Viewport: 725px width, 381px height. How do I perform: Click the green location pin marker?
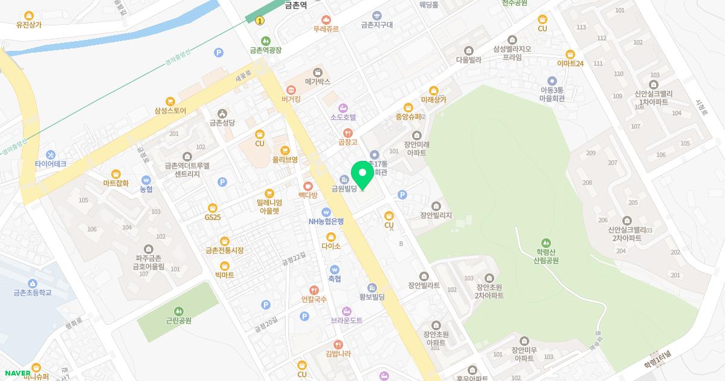point(362,175)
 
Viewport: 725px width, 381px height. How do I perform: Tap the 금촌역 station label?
point(295,4)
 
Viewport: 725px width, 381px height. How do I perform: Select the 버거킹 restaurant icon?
point(291,89)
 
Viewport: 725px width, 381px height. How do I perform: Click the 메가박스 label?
point(317,80)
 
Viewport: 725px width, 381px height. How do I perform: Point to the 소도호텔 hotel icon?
point(343,108)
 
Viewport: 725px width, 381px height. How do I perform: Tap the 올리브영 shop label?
point(285,160)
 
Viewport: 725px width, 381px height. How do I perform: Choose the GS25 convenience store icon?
point(213,207)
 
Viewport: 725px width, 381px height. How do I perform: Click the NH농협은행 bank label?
point(326,221)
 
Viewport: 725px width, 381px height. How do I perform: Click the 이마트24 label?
point(570,63)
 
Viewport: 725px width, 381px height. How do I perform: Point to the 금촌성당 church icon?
point(222,113)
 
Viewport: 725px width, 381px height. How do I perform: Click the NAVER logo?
point(16,373)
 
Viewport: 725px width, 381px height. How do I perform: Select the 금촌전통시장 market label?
point(224,250)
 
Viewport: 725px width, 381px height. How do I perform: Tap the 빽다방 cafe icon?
point(308,186)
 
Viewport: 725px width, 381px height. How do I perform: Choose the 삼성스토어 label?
point(170,111)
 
